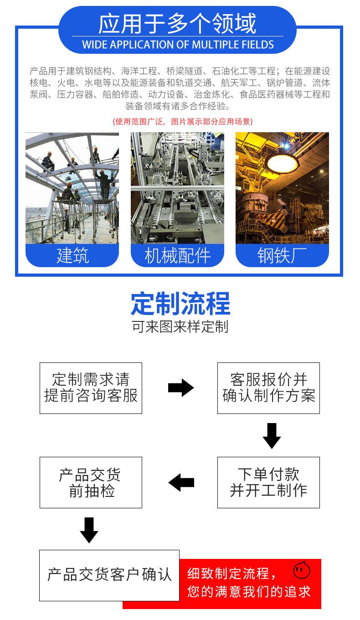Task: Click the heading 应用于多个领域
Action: click(178, 24)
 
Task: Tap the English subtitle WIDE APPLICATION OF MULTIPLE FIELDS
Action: click(178, 45)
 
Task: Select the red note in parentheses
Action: click(182, 121)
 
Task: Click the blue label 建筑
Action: click(72, 256)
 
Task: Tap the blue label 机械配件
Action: click(177, 256)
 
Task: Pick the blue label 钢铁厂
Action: click(282, 256)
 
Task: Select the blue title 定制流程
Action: click(180, 304)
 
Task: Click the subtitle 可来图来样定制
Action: click(180, 327)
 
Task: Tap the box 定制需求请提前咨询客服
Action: click(91, 388)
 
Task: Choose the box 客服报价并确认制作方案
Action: click(268, 388)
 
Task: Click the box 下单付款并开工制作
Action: click(268, 482)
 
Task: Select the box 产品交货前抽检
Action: click(91, 482)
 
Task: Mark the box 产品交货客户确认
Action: click(109, 575)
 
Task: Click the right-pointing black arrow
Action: click(181, 388)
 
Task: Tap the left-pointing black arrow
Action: click(181, 482)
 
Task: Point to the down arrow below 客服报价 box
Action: click(272, 436)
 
